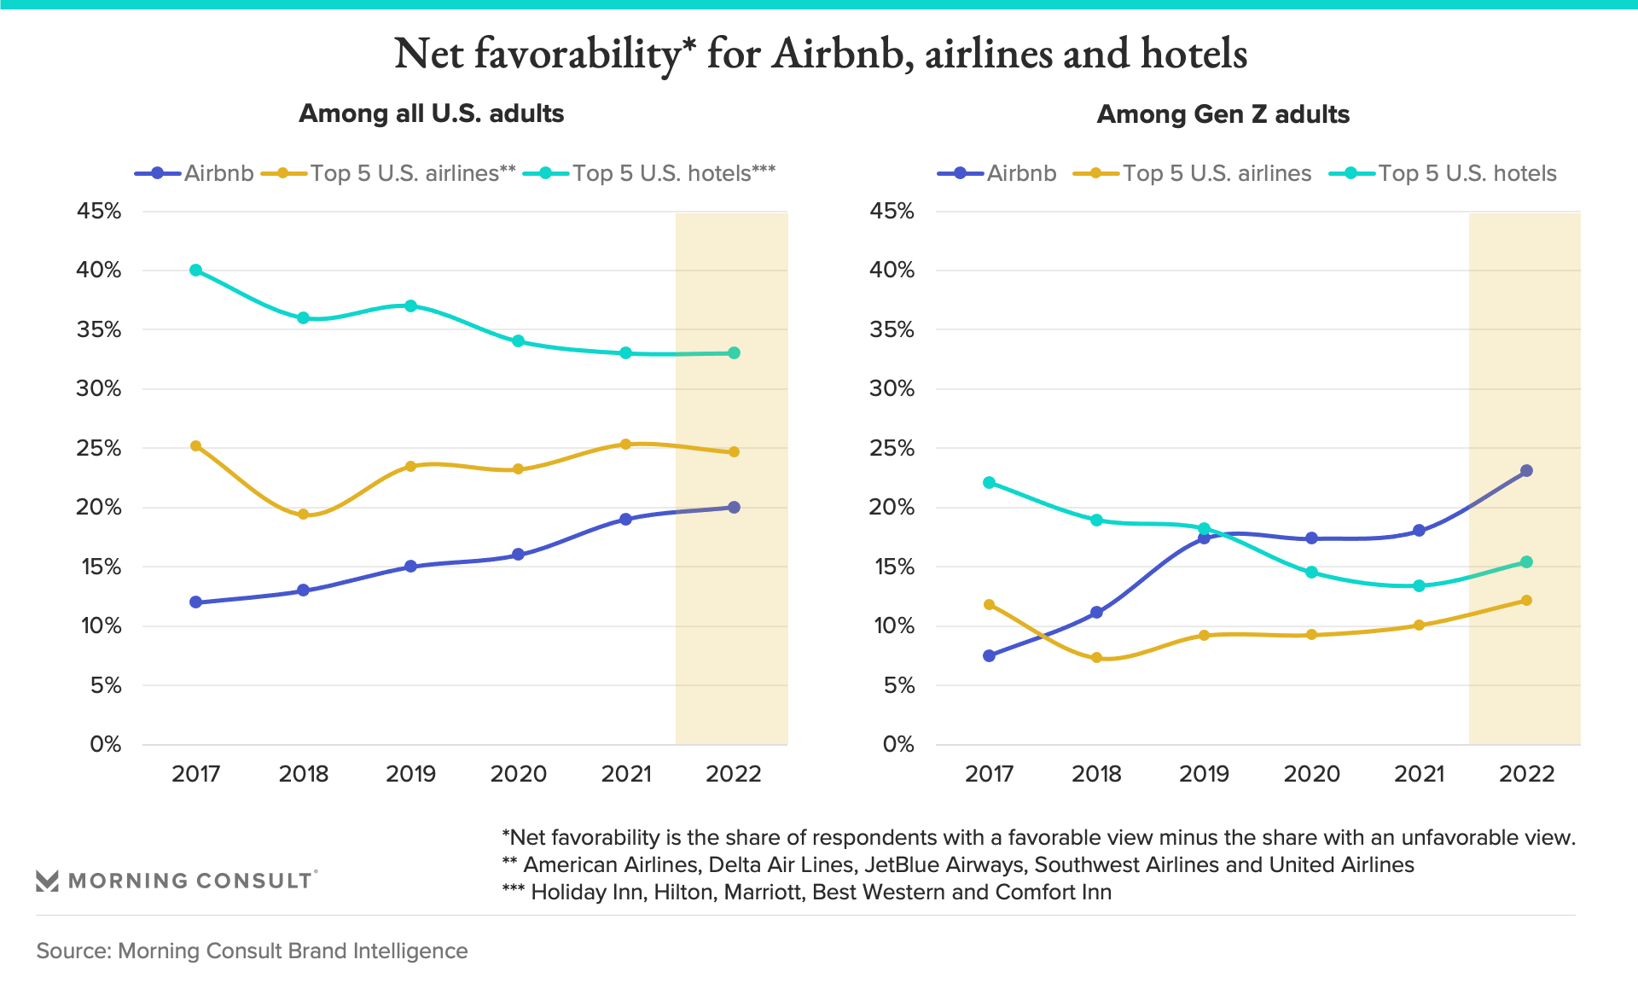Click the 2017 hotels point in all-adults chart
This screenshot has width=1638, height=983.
pos(195,270)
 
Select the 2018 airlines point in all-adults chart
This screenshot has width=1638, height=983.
pos(303,515)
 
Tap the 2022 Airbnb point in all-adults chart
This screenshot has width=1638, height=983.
pos(734,508)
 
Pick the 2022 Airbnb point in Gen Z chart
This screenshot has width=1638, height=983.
pos(1526,471)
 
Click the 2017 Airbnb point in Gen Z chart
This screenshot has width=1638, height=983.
pos(989,656)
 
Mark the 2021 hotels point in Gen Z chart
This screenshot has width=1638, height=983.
pos(1419,586)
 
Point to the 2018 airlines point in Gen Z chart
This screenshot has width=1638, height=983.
pos(1096,658)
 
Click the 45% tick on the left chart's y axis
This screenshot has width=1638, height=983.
pos(99,211)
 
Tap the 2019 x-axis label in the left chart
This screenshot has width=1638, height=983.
pos(410,774)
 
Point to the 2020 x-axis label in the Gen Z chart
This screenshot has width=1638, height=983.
pos(1311,774)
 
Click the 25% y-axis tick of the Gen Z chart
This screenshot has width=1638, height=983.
pos(892,448)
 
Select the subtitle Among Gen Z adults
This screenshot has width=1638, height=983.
pos(1223,114)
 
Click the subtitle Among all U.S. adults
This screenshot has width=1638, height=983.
pos(431,113)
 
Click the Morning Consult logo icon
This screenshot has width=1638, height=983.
pos(47,881)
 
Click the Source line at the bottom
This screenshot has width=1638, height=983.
pos(252,951)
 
